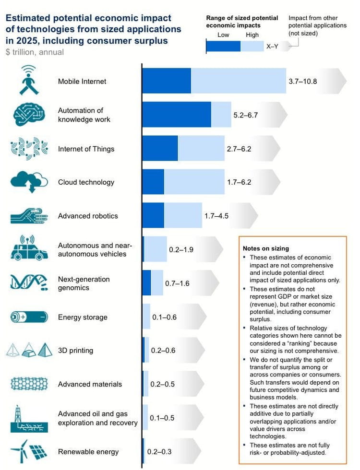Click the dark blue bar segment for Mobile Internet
click(166, 81)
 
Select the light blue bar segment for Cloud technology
click(194, 182)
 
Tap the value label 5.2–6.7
click(246, 115)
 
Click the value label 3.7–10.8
click(302, 81)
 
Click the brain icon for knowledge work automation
click(30, 115)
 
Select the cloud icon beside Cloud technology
click(30, 182)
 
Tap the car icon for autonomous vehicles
click(30, 249)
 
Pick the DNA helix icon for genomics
click(30, 282)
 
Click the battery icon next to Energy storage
click(30, 317)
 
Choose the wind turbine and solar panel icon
click(30, 451)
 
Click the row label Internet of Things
click(86, 149)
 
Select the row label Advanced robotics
click(88, 216)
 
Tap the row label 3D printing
click(75, 351)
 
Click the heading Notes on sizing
click(266, 248)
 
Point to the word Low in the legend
click(223, 35)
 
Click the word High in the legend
click(252, 35)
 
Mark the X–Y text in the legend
click(272, 47)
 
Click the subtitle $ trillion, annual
click(35, 52)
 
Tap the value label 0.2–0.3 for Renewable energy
click(159, 451)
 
